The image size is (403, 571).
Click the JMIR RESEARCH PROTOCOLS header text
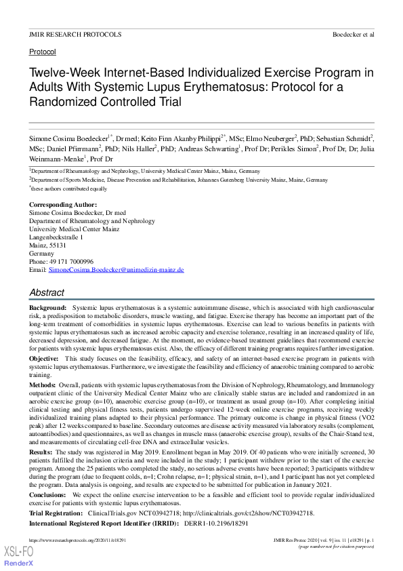(75, 34)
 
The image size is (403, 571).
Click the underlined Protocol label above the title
(43, 52)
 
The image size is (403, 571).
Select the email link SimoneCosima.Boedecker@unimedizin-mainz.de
(116, 270)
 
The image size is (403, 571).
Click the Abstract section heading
(47, 292)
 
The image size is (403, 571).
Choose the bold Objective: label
(44, 357)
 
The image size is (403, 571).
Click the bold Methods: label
(43, 384)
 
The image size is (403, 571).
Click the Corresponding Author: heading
(63, 205)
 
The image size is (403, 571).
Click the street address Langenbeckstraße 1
(57, 237)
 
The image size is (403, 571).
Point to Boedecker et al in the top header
(353, 34)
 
